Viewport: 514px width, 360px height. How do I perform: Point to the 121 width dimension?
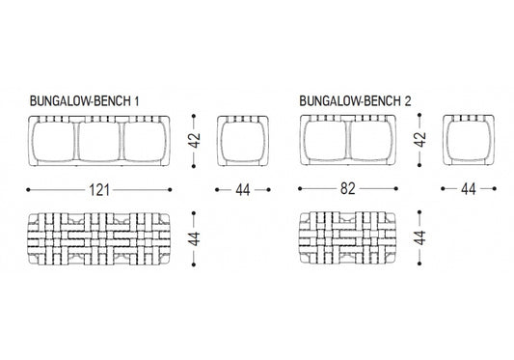coord(98,189)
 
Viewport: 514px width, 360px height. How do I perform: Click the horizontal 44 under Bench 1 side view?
coord(242,189)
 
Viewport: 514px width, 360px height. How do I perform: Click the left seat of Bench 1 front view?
coord(54,141)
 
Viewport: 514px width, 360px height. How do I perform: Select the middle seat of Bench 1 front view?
coord(98,141)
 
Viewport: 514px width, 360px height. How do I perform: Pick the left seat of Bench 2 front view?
coord(325,141)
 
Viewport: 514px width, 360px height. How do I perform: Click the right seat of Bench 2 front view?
coord(369,141)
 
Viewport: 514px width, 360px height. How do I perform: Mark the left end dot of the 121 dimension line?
coord(27,189)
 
